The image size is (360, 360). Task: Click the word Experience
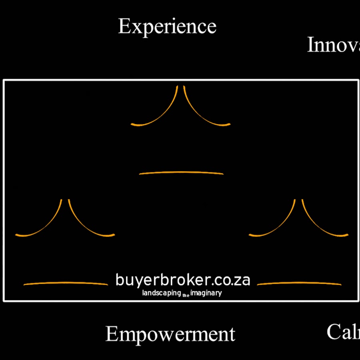(x=167, y=27)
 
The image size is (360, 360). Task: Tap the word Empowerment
(x=170, y=334)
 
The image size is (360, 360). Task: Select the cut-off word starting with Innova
(x=333, y=45)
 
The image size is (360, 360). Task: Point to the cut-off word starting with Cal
(x=343, y=332)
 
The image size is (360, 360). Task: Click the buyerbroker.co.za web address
(x=182, y=280)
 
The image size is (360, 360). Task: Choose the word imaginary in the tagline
(x=206, y=293)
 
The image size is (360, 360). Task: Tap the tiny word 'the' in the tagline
(x=186, y=296)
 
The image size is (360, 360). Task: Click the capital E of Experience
(x=124, y=27)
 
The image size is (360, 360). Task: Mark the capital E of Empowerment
(x=112, y=334)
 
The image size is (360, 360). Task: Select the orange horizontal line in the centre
(x=181, y=173)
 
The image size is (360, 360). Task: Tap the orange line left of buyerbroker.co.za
(x=66, y=283)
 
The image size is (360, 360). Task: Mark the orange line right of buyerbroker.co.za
(x=299, y=283)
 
